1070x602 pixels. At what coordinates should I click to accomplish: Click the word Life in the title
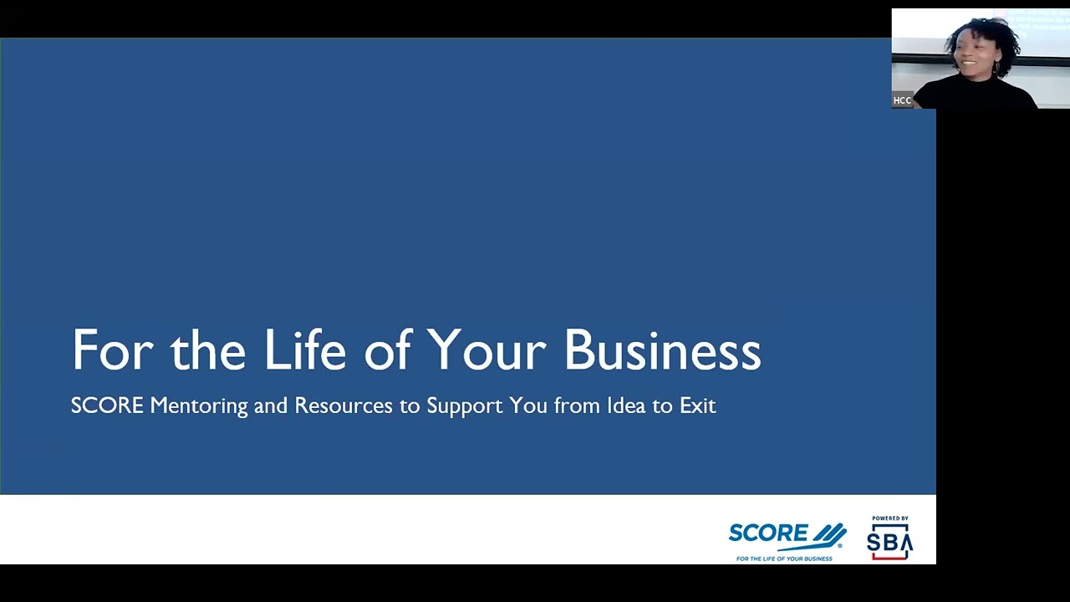[304, 350]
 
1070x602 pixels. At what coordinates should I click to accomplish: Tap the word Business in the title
[662, 350]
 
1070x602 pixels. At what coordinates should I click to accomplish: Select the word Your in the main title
[486, 350]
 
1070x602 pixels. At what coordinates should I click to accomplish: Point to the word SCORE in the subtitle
[107, 406]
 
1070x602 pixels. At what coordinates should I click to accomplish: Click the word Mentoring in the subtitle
[199, 406]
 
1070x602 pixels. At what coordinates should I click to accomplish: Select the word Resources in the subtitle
[343, 406]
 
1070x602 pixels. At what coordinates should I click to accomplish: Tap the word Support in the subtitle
[465, 406]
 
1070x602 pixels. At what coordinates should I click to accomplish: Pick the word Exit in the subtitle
[697, 406]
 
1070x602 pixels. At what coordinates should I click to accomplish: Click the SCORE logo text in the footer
[767, 534]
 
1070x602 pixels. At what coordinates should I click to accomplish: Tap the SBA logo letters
[889, 543]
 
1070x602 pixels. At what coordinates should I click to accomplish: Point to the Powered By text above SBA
[889, 518]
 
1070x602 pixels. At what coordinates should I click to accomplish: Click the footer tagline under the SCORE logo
[784, 559]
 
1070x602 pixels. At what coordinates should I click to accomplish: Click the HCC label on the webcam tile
[902, 100]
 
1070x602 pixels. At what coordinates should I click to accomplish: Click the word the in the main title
[208, 350]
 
